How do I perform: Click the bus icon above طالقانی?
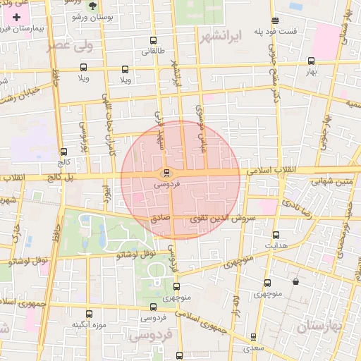click(x=154, y=41)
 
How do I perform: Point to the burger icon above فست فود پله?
click(x=274, y=20)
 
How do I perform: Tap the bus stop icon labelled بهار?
click(x=312, y=61)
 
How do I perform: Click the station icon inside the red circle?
click(x=166, y=172)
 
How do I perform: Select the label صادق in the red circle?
click(x=160, y=219)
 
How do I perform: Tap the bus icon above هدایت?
click(x=276, y=235)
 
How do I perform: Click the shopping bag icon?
click(x=295, y=282)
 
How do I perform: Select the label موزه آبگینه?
click(x=89, y=325)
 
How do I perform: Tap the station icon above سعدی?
click(x=254, y=338)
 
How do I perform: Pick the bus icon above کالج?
click(x=64, y=152)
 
